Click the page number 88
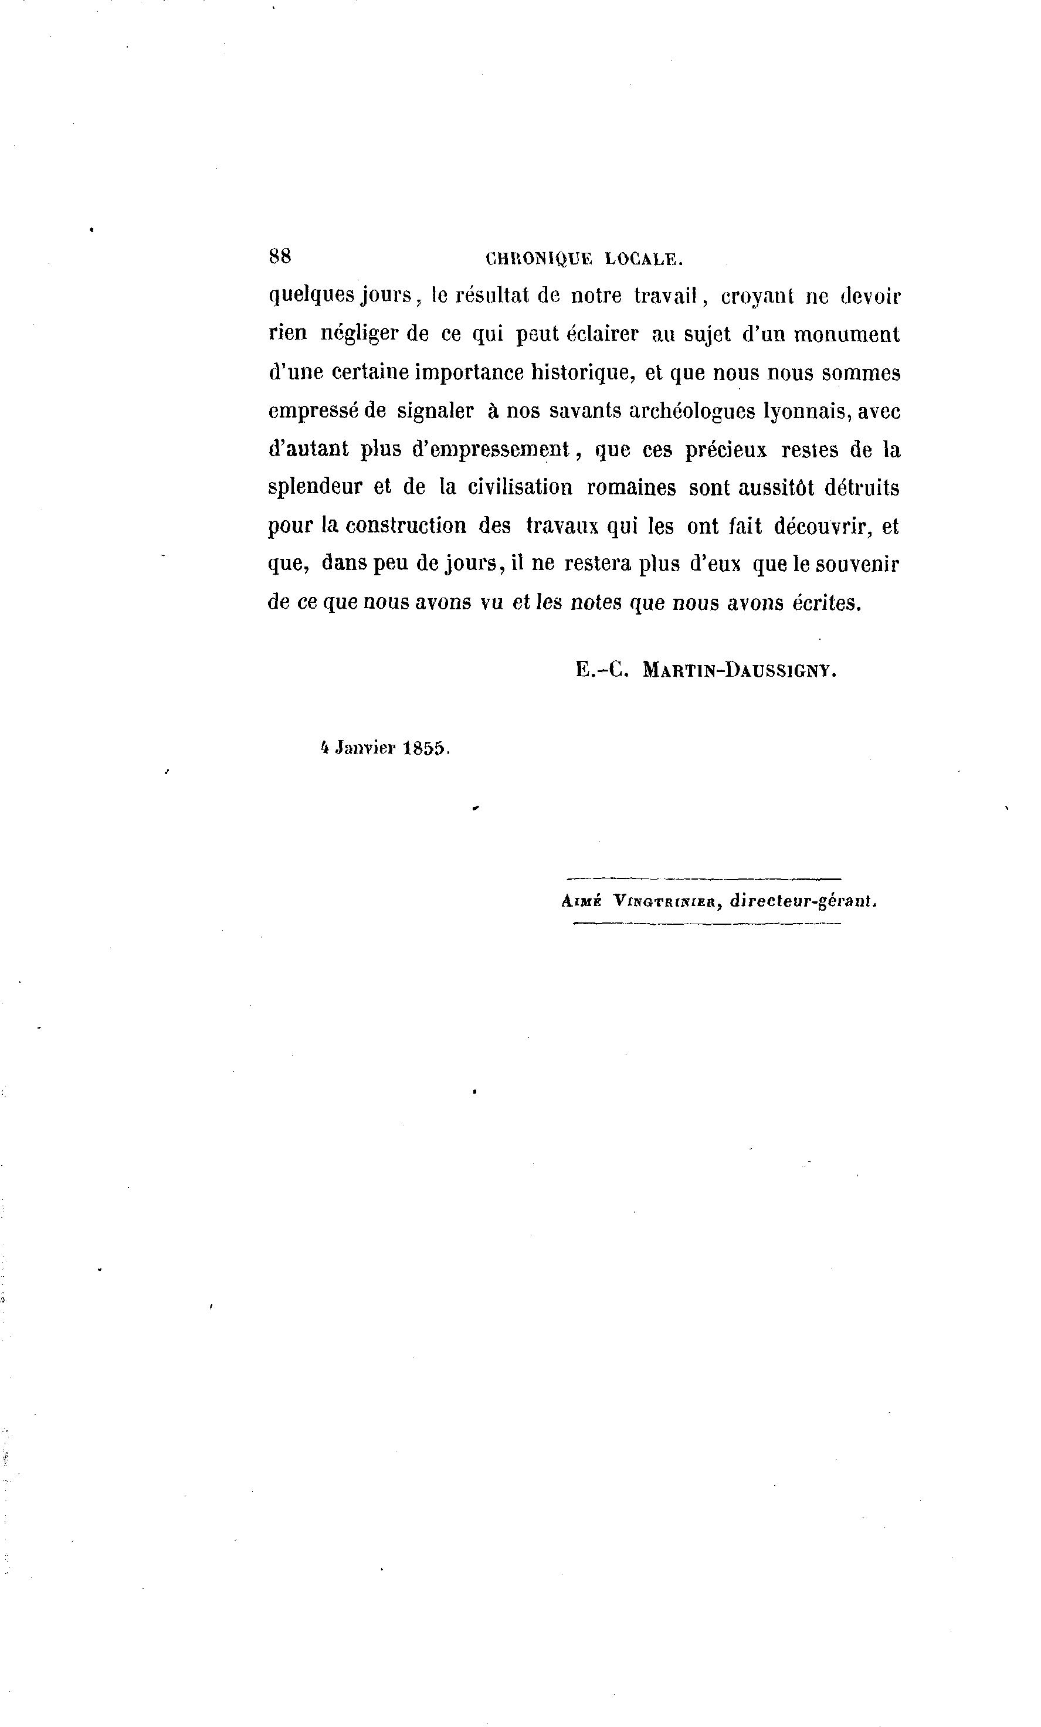pyautogui.click(x=280, y=256)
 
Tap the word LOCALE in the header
pyautogui.click(x=643, y=259)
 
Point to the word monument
pyautogui.click(x=846, y=335)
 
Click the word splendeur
pyautogui.click(x=316, y=488)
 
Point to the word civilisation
pyautogui.click(x=520, y=488)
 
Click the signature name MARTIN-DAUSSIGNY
pyautogui.click(x=740, y=671)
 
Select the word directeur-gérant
pyautogui.click(x=803, y=901)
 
